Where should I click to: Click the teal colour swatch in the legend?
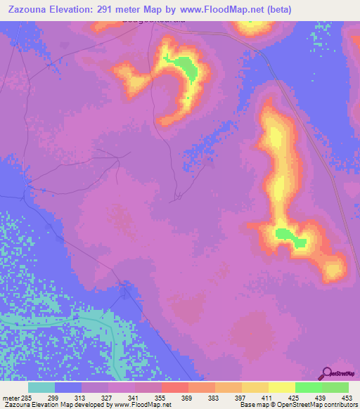41,387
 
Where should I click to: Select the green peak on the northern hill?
187,68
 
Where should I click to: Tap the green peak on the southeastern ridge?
290,237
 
